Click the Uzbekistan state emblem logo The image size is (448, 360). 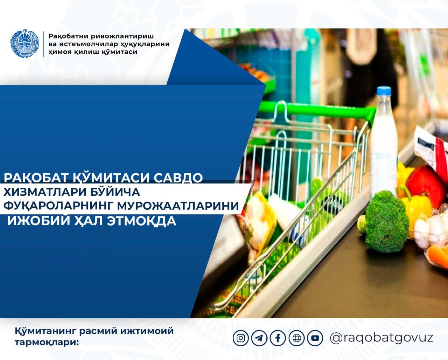coord(25,43)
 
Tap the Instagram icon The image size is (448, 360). coord(241,338)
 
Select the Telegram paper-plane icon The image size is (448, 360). coord(259,338)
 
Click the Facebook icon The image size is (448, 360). coord(278,338)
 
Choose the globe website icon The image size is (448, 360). coord(297,338)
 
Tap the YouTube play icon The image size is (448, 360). coord(315,338)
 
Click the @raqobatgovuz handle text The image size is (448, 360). coord(381,338)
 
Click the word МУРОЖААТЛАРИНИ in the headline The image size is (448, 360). coord(178,206)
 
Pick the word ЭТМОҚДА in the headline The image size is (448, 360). coord(141,221)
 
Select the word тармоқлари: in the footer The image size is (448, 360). coord(47,343)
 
